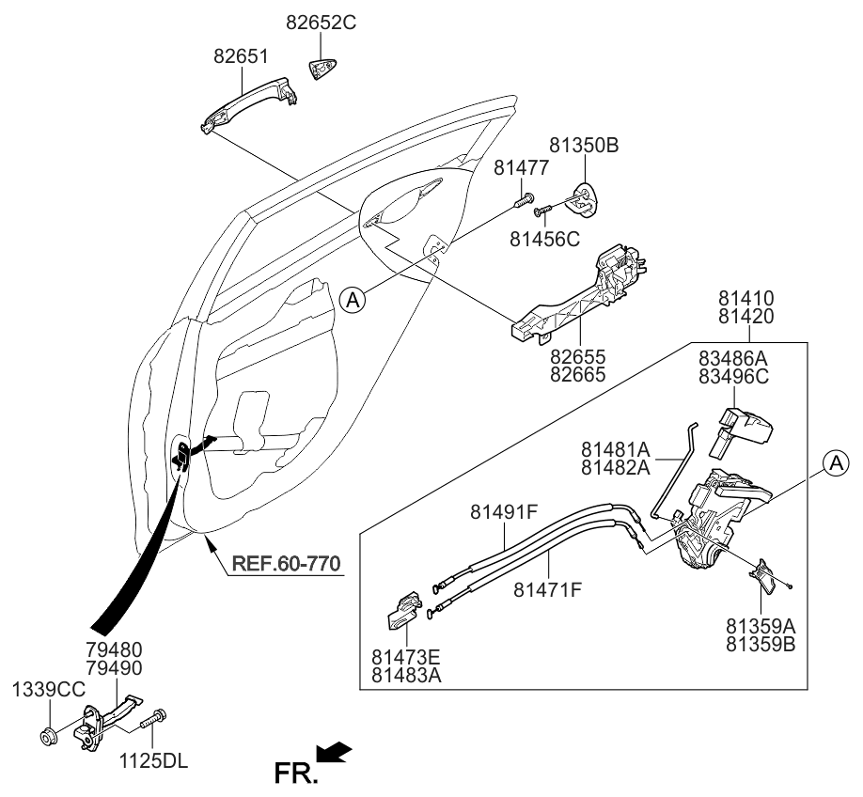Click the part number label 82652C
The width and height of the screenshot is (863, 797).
pos(322,22)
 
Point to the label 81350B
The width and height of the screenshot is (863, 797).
pos(584,147)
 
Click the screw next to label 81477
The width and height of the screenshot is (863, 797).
pos(525,199)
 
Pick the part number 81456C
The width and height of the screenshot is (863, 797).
pos(545,240)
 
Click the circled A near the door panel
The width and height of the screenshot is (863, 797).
pos(352,300)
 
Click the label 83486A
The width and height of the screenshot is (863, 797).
pos(732,359)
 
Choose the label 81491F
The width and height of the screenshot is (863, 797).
pos(504,512)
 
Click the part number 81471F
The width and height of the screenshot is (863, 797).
pos(548,589)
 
